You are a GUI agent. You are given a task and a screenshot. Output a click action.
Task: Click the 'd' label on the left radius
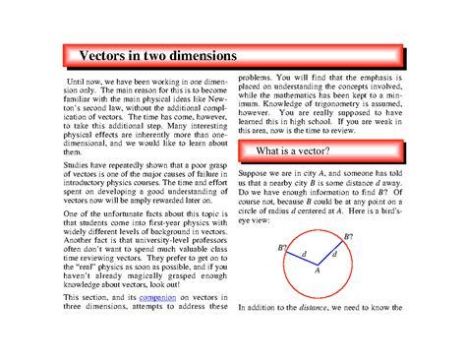[304, 254]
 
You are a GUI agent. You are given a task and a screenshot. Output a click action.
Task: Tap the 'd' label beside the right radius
[335, 255]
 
